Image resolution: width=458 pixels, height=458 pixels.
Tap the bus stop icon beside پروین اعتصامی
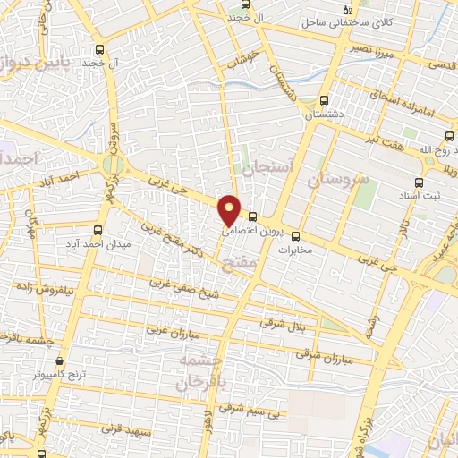pos(254,216)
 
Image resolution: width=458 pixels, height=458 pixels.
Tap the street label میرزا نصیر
pos(381,49)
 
